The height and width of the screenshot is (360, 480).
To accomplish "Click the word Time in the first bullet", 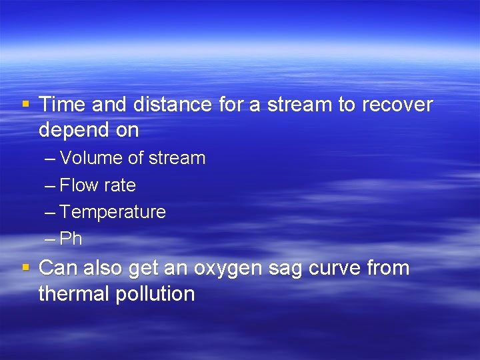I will pos(63,105).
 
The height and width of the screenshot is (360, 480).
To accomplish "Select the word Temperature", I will pos(112,212).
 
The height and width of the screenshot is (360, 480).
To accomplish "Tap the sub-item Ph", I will pos(71,239).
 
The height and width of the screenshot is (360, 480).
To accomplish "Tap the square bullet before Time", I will pos(25,105).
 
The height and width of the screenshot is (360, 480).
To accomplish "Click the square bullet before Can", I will pos(25,268).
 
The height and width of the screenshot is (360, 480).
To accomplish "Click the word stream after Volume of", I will pos(176,159).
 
